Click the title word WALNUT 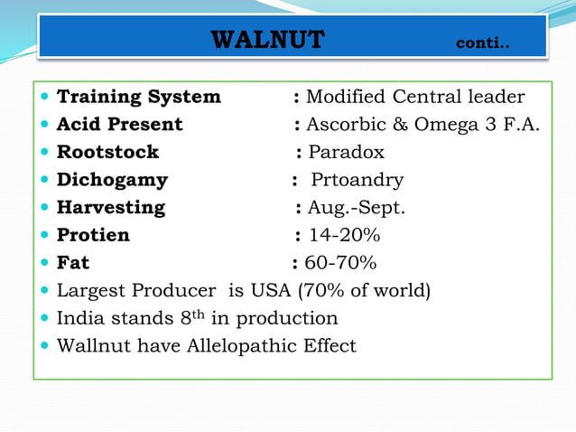click(x=267, y=41)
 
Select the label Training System click(x=138, y=97)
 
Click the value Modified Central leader click(x=415, y=97)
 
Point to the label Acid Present click(x=119, y=125)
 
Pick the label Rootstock click(x=107, y=152)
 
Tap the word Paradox click(x=346, y=152)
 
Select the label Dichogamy click(x=112, y=180)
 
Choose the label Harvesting click(x=111, y=208)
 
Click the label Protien click(x=93, y=236)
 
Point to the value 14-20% click(x=344, y=236)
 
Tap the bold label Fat click(x=73, y=264)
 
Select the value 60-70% click(x=340, y=264)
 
